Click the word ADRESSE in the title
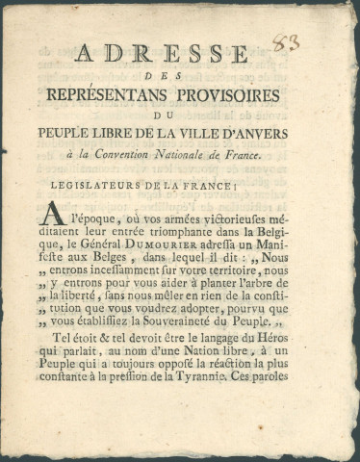pyautogui.click(x=162, y=54)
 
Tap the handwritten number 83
pyautogui.click(x=285, y=41)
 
